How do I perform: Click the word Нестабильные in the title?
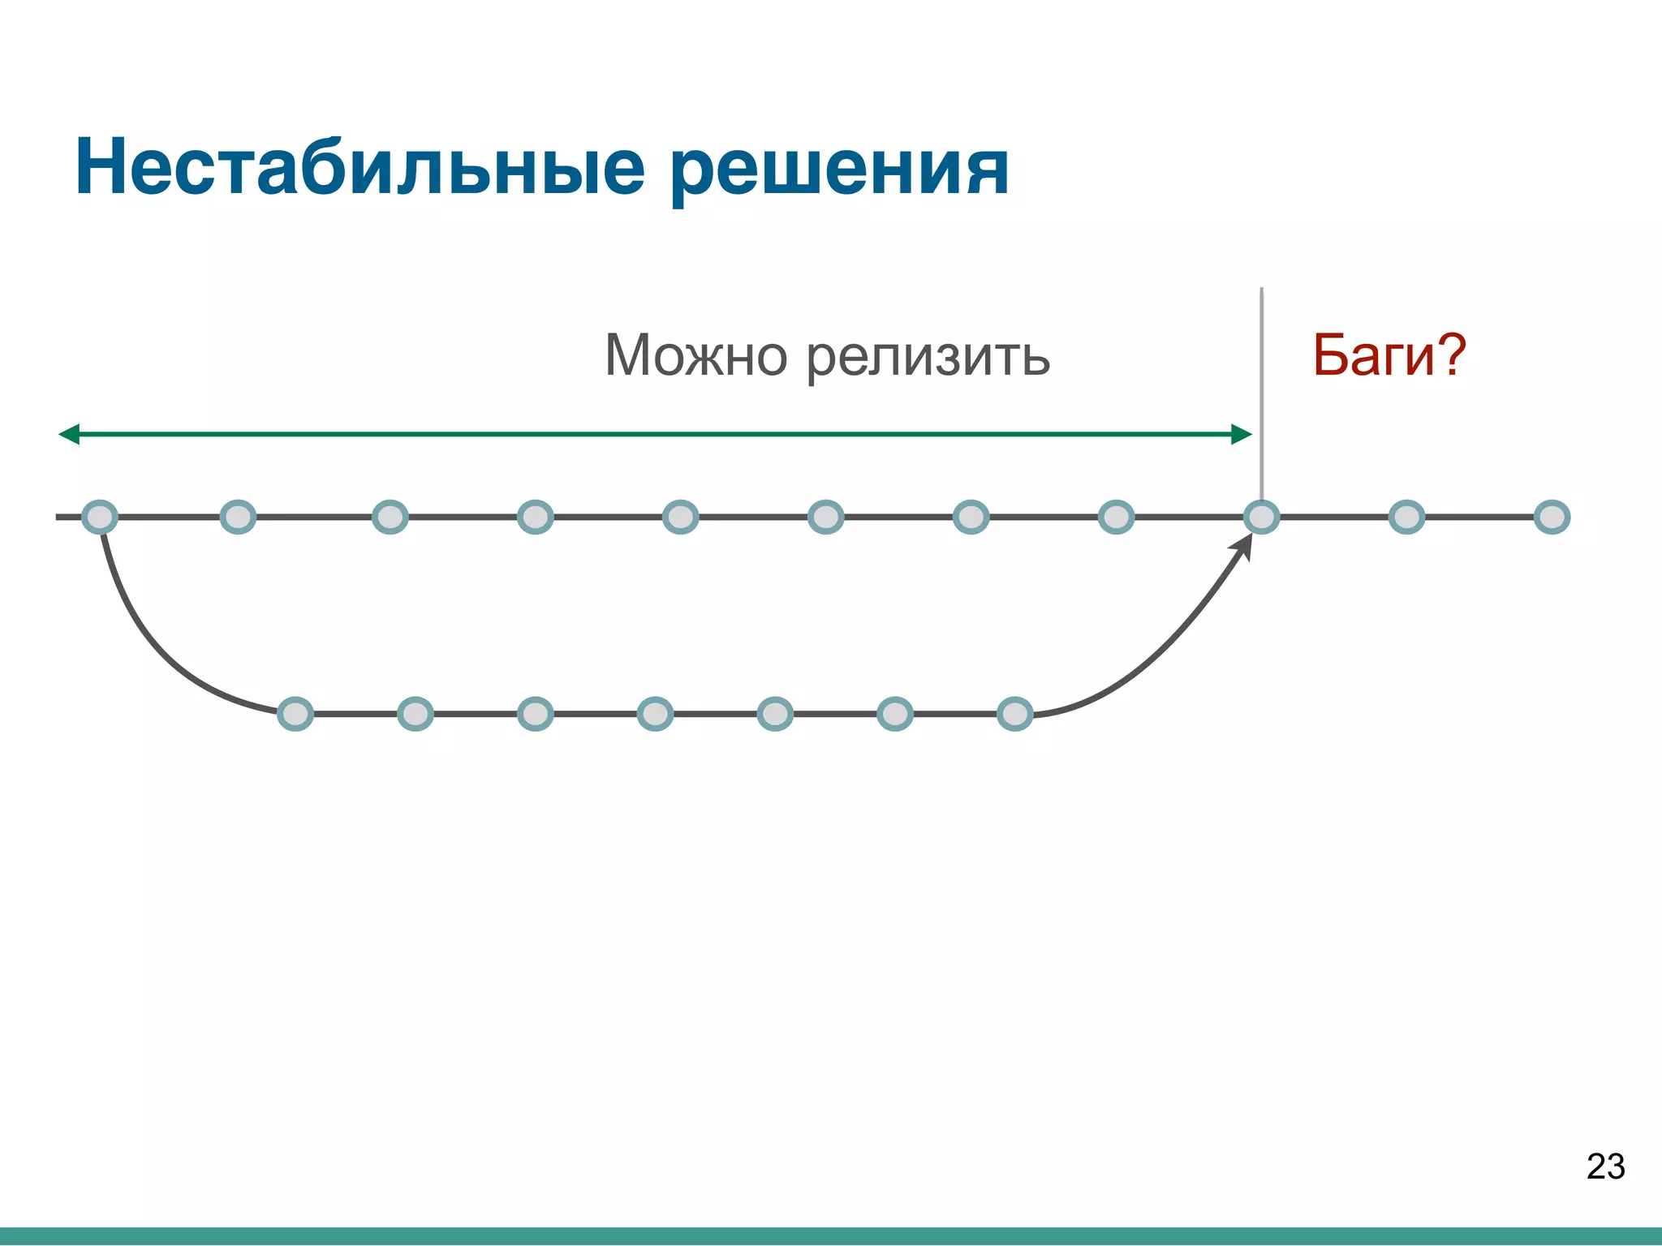[x=360, y=168]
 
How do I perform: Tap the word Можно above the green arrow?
[x=696, y=355]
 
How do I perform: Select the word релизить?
[x=928, y=357]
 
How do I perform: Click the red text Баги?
[x=1389, y=355]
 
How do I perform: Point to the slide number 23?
[x=1605, y=1167]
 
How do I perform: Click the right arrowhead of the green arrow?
[x=1241, y=435]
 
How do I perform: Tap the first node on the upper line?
[x=100, y=517]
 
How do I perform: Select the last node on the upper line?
[x=1552, y=517]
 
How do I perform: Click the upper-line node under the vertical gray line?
[x=1261, y=517]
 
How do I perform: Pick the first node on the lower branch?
[x=295, y=714]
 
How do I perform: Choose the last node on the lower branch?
[x=1014, y=714]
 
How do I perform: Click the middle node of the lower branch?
[x=655, y=714]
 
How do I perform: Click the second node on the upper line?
[x=238, y=517]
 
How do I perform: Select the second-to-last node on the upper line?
[x=1406, y=517]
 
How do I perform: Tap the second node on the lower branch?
[x=415, y=714]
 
